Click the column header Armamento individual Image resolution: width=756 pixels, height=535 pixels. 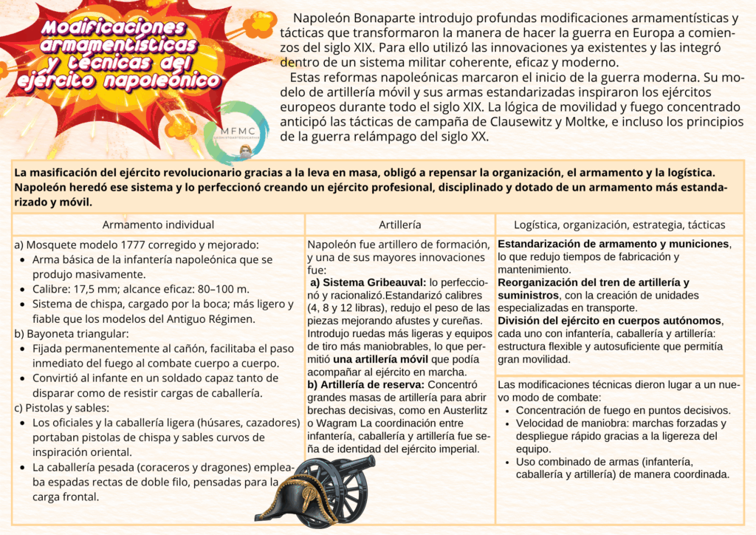tap(158, 225)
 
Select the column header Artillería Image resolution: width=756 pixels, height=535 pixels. tap(399, 225)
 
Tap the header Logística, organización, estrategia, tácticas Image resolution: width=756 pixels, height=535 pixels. tap(619, 225)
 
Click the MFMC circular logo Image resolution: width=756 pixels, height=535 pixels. tap(236, 132)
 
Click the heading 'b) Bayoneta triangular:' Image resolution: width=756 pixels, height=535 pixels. tap(71, 333)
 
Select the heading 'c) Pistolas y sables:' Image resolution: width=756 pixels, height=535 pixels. tap(64, 407)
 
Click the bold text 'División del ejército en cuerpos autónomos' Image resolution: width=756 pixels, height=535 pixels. tap(610, 321)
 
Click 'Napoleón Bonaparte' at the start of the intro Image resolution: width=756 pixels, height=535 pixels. tap(346, 17)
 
